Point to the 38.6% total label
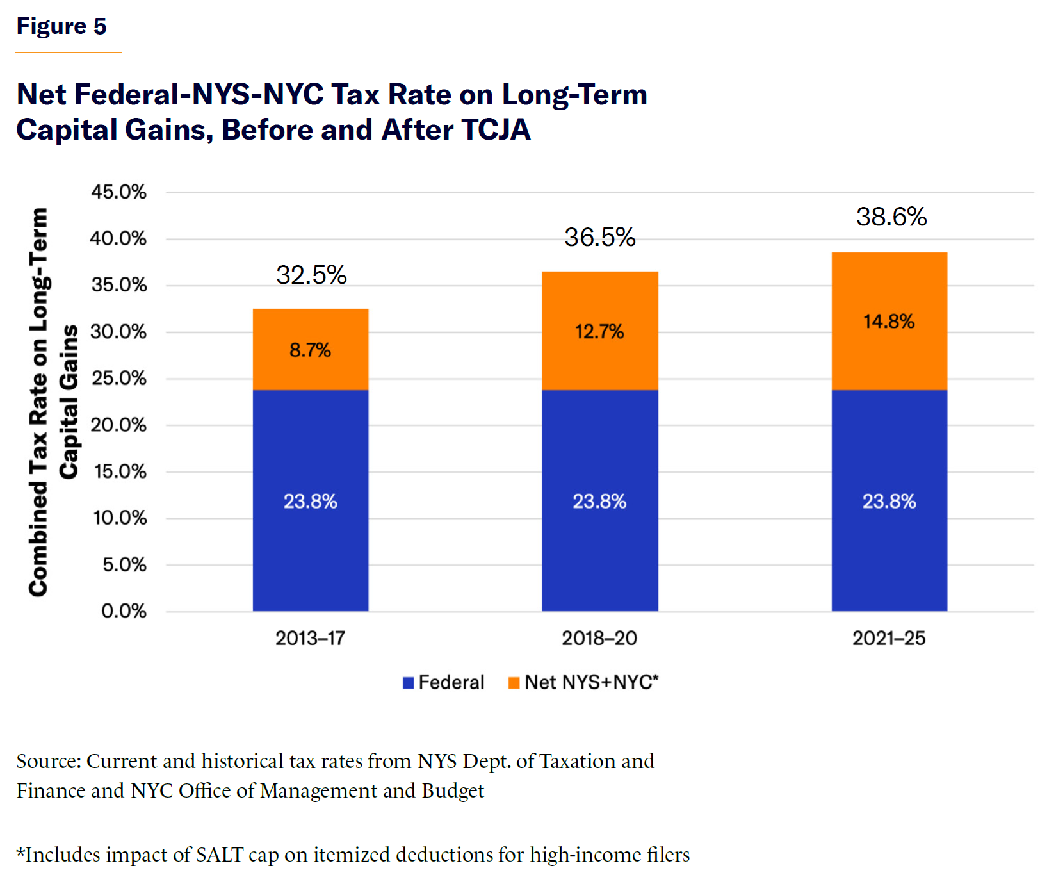(x=891, y=217)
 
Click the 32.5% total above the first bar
(x=311, y=275)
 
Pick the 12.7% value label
(x=599, y=332)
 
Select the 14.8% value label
(x=889, y=322)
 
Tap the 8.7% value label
(x=310, y=350)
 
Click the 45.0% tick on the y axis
(x=118, y=192)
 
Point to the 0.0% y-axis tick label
(x=124, y=611)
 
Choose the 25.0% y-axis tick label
(x=118, y=378)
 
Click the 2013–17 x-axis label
(x=310, y=638)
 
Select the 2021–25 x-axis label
(x=889, y=638)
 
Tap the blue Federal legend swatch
(x=409, y=683)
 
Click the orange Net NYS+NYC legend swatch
(x=514, y=683)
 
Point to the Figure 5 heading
(x=61, y=26)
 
